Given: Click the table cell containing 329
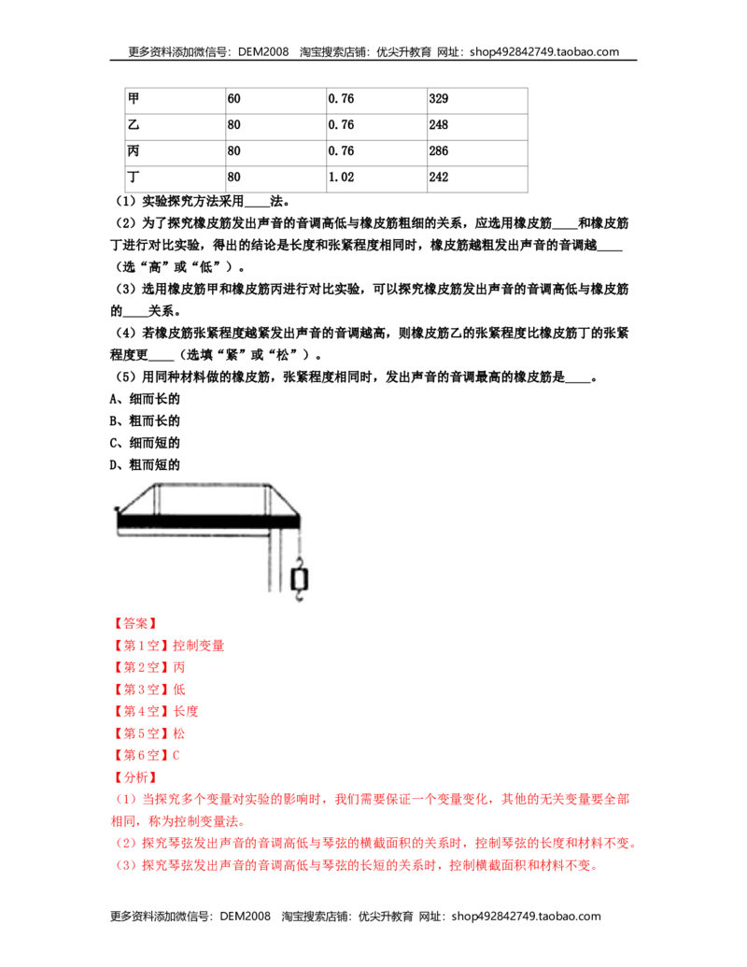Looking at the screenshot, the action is tap(478, 101).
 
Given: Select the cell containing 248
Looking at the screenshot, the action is tap(478, 127).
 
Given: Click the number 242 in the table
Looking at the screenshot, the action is tap(439, 178).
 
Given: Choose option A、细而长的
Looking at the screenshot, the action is tap(145, 399).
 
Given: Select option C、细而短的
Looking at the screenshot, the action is tap(145, 443).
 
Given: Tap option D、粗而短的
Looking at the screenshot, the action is tap(145, 465).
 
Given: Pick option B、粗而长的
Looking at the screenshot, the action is tap(145, 421).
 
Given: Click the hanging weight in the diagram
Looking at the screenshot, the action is tap(300, 579).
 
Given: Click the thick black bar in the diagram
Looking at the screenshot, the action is tap(208, 521).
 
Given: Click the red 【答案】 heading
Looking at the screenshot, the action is tap(135, 623).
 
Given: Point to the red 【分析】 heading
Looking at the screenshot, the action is tap(135, 777).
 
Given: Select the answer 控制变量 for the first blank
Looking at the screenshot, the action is tap(199, 646).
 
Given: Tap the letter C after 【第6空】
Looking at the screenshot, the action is tap(176, 756).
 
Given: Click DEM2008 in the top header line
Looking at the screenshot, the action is tap(263, 52).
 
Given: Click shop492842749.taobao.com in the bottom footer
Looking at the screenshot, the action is tap(527, 917).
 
